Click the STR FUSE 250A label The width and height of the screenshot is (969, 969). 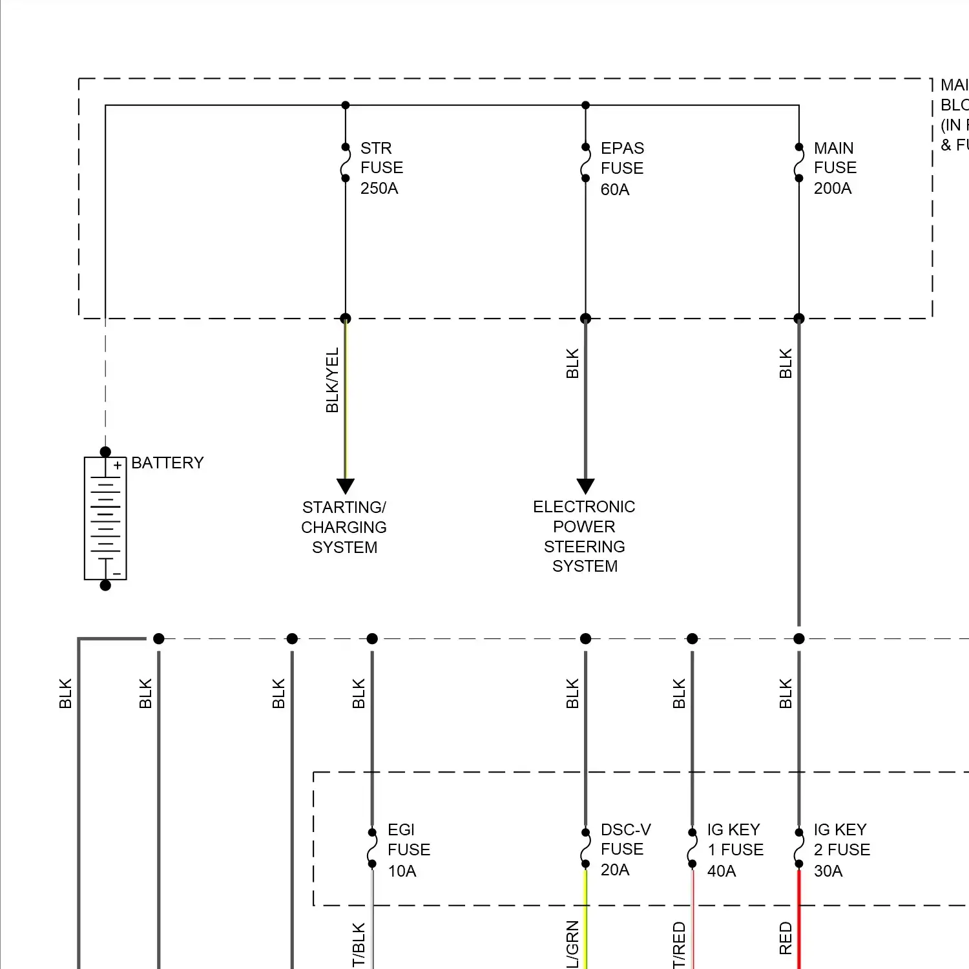[x=381, y=168]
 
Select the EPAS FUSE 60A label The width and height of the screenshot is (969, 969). [x=621, y=169]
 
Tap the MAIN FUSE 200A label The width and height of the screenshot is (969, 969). [x=835, y=168]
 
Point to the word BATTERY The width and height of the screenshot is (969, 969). [x=167, y=463]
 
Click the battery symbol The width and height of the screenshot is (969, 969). [x=105, y=519]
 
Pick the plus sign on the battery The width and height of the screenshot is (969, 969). [x=118, y=465]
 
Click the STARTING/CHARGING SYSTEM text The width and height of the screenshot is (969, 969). [x=344, y=527]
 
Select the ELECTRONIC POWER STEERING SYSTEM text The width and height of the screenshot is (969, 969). [x=585, y=536]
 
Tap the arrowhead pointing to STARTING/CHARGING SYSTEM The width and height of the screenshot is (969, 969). [x=346, y=486]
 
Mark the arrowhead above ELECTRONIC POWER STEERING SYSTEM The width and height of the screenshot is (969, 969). [x=585, y=486]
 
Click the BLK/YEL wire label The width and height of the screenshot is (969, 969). [x=332, y=380]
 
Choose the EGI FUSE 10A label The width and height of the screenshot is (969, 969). [x=408, y=850]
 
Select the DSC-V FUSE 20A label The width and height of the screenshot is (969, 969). [x=625, y=849]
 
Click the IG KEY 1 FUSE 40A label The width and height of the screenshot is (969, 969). [x=735, y=850]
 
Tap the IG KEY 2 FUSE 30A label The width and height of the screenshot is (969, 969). [x=841, y=850]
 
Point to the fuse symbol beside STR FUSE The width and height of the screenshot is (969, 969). [x=346, y=163]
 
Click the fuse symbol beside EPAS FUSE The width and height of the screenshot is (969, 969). [x=585, y=163]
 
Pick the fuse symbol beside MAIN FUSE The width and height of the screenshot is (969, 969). [x=799, y=163]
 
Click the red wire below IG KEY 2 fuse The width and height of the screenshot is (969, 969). [x=799, y=924]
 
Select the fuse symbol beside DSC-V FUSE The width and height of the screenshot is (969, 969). [x=585, y=848]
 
